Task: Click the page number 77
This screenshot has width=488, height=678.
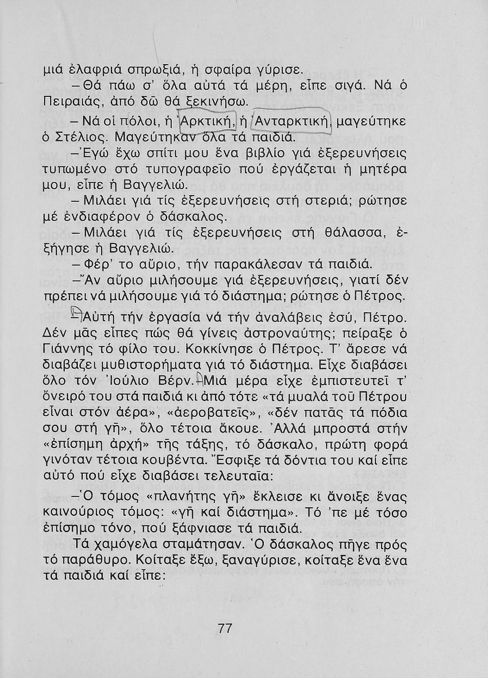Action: coord(225,628)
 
